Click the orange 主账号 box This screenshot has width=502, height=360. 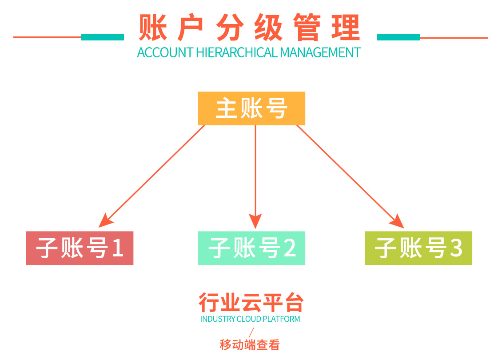pyautogui.click(x=251, y=108)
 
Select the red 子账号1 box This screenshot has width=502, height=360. pyautogui.click(x=80, y=248)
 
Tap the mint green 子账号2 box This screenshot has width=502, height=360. pyautogui.click(x=251, y=248)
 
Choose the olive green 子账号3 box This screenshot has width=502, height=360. pyautogui.click(x=418, y=248)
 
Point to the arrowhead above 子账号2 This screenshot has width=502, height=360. pyautogui.click(x=255, y=221)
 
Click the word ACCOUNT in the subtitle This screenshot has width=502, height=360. pyautogui.click(x=165, y=52)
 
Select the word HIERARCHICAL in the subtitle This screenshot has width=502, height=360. pyautogui.click(x=237, y=52)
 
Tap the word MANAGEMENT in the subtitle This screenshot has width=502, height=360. pyautogui.click(x=320, y=52)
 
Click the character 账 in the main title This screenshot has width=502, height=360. pyautogui.click(x=153, y=28)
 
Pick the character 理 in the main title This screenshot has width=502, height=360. pyautogui.click(x=345, y=28)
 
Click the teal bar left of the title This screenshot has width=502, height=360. pyautogui.click(x=103, y=37)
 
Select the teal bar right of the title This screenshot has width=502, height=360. pyautogui.click(x=398, y=37)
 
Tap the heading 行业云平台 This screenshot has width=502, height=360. pyautogui.click(x=251, y=303)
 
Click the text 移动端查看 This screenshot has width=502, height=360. pyautogui.click(x=250, y=344)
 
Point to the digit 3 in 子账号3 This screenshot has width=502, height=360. pyautogui.click(x=456, y=248)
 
